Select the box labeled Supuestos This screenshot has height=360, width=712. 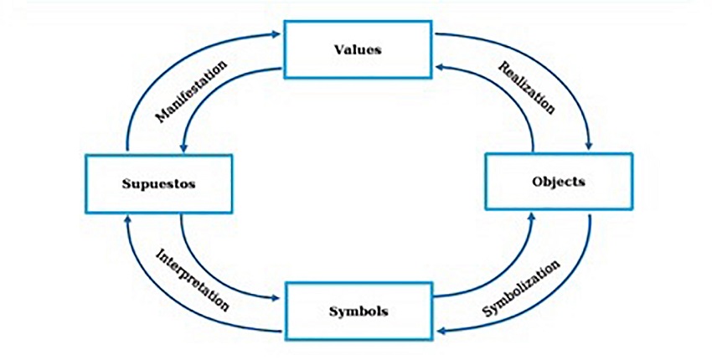[x=158, y=183]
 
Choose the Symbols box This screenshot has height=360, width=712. [x=358, y=311]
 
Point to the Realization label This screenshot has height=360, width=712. [x=526, y=86]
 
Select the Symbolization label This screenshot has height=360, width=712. [x=521, y=288]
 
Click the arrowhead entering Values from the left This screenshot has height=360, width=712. [x=279, y=35]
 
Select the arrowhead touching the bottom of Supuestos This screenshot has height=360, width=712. [x=127, y=218]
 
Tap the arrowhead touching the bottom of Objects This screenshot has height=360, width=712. [x=534, y=216]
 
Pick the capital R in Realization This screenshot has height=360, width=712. [x=502, y=65]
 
